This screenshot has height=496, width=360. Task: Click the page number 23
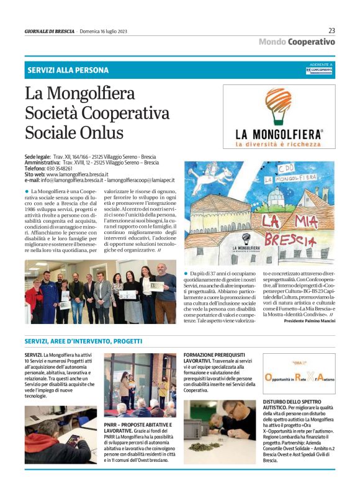click(x=331, y=30)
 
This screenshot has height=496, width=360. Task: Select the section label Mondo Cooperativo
click(x=297, y=42)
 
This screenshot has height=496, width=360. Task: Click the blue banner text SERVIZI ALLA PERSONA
click(x=68, y=70)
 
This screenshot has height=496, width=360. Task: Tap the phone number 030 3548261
click(x=56, y=168)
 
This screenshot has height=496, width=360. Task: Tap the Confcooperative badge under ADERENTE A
click(x=319, y=70)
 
